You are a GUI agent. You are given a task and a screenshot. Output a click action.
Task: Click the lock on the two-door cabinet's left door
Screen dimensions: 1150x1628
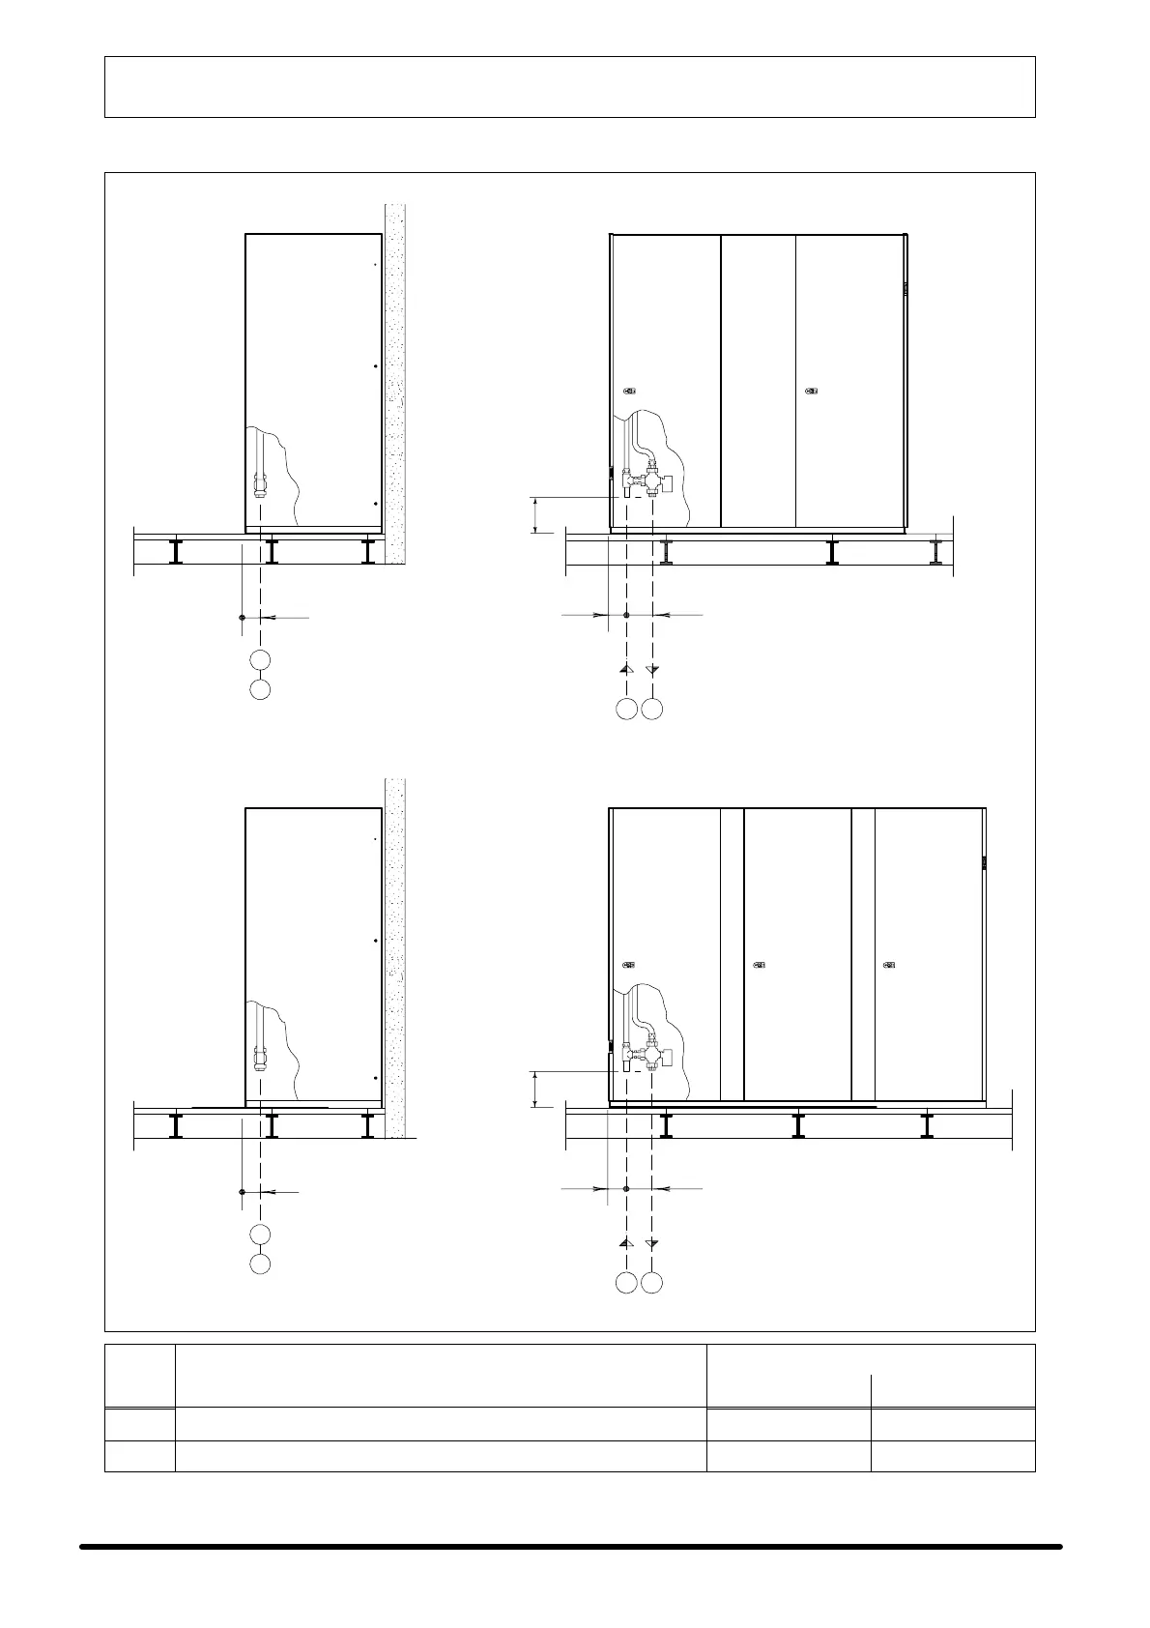coord(629,392)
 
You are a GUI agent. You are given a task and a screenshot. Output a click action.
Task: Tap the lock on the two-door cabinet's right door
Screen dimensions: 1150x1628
coord(811,392)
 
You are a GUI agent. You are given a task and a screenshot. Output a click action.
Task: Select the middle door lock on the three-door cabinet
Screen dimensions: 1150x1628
coord(759,964)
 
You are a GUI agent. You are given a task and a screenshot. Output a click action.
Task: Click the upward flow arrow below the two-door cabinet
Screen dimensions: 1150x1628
coord(626,668)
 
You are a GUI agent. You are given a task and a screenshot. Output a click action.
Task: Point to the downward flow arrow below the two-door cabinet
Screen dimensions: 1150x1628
coord(653,668)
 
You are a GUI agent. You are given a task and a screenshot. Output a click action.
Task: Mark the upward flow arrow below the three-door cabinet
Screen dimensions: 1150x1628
coord(626,1242)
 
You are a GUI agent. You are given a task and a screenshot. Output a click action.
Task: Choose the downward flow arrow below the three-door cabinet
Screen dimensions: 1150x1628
coord(652,1242)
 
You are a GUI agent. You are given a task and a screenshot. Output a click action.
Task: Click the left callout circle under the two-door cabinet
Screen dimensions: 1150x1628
coord(626,709)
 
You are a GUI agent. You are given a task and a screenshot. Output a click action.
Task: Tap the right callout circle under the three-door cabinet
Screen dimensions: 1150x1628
coord(652,1283)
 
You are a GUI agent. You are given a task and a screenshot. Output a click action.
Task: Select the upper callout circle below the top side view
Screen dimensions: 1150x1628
coord(259,659)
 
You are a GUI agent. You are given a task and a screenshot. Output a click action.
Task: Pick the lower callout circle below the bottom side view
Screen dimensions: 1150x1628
coord(259,1264)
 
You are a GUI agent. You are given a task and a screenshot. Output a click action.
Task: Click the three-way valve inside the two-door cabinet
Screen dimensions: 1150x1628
coord(654,480)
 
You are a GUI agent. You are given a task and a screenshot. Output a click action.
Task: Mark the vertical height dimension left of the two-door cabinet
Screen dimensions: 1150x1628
coord(534,513)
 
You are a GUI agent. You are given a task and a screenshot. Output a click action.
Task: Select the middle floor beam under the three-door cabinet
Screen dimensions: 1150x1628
coord(798,1124)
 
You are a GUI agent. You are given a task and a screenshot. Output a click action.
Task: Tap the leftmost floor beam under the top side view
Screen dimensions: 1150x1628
coord(176,551)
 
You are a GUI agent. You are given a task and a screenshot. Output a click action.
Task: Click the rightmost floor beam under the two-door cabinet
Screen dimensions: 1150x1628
coord(935,551)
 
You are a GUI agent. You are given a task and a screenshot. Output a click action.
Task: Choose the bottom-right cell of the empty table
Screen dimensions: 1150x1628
coord(952,1456)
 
